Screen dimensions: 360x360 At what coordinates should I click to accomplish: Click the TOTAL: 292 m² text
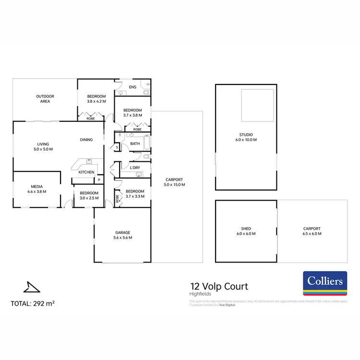[x=33, y=303]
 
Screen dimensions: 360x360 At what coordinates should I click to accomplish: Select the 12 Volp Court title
[x=219, y=287]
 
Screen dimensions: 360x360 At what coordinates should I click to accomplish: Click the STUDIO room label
[x=246, y=134]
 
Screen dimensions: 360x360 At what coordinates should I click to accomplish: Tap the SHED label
[x=246, y=228]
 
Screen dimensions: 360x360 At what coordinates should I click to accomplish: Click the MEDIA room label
[x=36, y=188]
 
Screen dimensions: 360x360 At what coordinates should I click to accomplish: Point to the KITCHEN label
[x=86, y=172]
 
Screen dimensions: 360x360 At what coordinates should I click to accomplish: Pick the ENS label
[x=133, y=87]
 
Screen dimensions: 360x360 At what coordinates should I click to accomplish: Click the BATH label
[x=135, y=144]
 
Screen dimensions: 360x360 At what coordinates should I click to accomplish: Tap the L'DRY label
[x=135, y=168]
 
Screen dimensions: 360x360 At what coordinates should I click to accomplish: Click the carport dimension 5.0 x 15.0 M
[x=174, y=185]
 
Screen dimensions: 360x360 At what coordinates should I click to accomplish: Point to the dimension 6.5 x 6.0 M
[x=312, y=233]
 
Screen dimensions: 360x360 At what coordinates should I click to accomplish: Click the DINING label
[x=87, y=140]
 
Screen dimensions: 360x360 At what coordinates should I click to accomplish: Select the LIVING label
[x=43, y=144]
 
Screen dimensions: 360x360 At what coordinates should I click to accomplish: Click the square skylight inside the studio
[x=257, y=105]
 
